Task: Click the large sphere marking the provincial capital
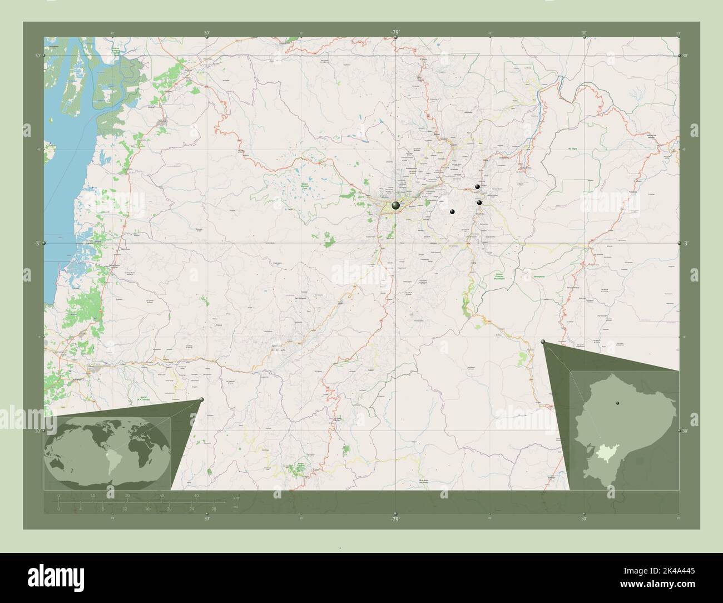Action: tap(395, 206)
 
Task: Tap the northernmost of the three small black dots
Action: tap(477, 187)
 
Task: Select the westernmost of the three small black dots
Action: tap(452, 211)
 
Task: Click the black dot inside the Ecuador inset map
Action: tap(617, 402)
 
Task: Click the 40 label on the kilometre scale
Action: tap(196, 496)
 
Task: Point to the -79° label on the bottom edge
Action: tap(395, 520)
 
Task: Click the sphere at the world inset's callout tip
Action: tap(201, 399)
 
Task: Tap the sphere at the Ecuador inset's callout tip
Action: tap(543, 343)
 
